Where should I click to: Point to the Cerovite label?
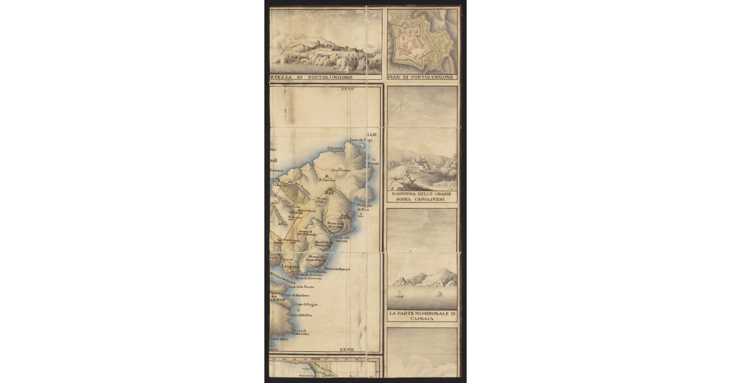click(335, 148)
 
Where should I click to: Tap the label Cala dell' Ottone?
click(341, 239)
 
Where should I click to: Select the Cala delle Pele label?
click(301, 315)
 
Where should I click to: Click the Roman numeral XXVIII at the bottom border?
click(347, 350)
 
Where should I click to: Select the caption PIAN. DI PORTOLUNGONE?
click(421, 77)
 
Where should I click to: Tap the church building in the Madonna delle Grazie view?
click(418, 163)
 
